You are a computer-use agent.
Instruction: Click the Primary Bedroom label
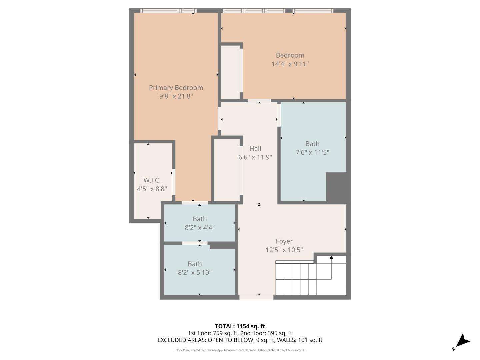tap(176, 88)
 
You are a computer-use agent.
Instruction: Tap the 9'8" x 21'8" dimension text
tap(176, 96)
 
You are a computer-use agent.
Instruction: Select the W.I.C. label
tap(152, 180)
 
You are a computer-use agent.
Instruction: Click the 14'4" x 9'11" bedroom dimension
tap(290, 64)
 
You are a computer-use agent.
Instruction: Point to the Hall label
tap(255, 149)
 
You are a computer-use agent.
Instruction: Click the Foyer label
tap(284, 241)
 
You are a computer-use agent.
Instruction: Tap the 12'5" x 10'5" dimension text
tap(284, 250)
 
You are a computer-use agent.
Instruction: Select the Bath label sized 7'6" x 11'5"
tap(312, 144)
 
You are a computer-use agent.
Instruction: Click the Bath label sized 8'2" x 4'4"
tap(200, 219)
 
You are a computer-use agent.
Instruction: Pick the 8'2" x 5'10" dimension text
tap(195, 273)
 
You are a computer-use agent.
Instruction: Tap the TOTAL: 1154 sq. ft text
tap(240, 326)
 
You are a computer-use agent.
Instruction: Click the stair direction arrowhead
tap(331, 257)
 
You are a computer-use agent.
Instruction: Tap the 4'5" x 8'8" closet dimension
tap(152, 189)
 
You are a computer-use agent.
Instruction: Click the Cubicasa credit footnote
tap(240, 350)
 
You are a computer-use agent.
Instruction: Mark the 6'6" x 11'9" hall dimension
tap(255, 157)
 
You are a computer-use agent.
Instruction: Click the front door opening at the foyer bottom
tap(256, 297)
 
